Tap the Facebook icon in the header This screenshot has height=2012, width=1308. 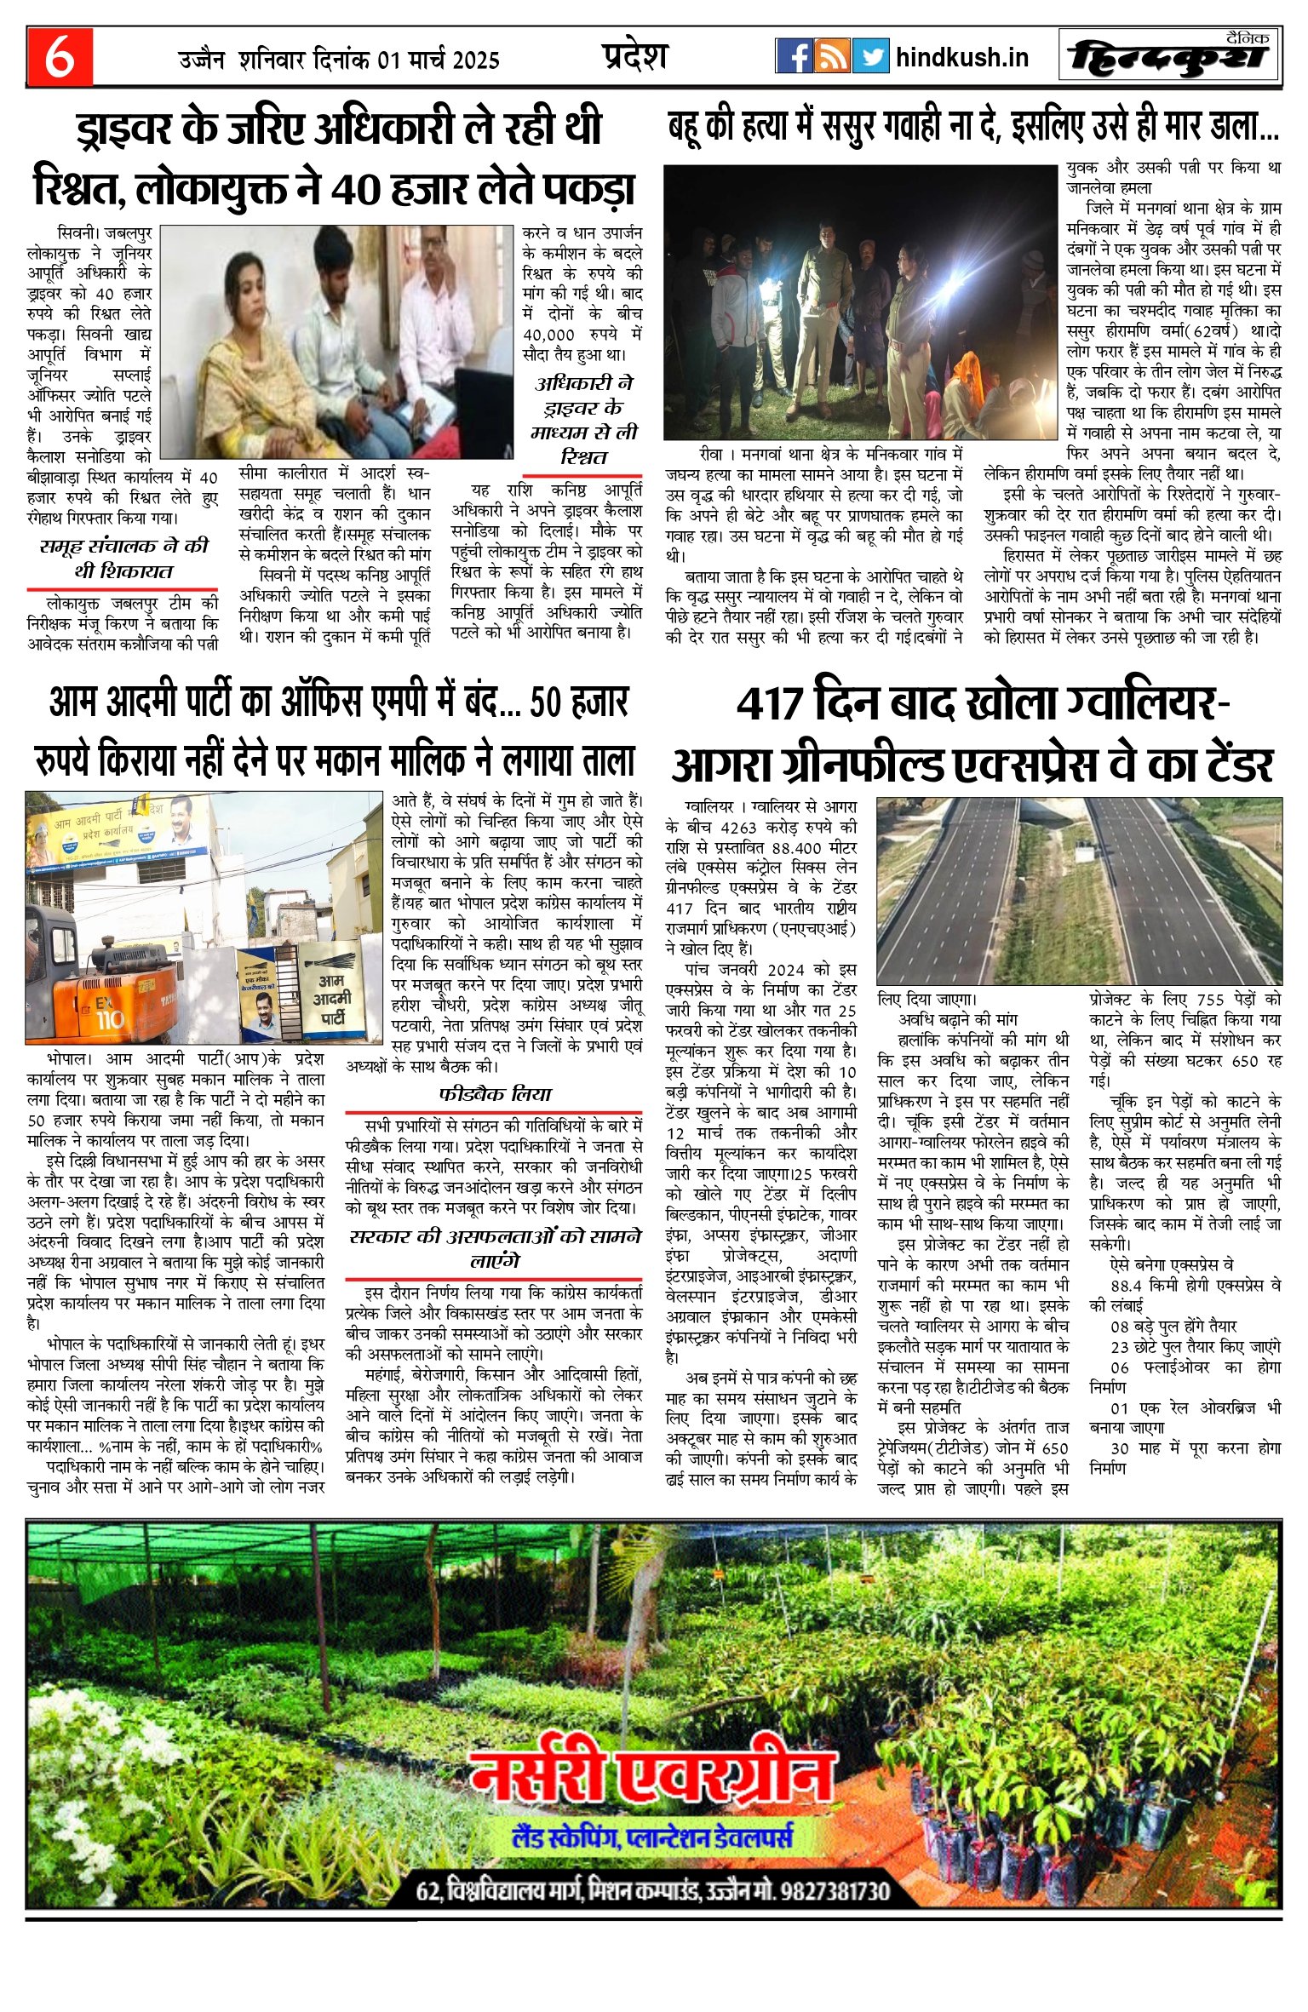tap(794, 56)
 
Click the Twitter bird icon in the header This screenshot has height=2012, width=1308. tap(870, 56)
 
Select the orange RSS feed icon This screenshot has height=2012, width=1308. tap(832, 56)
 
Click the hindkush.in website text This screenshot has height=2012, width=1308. tap(962, 58)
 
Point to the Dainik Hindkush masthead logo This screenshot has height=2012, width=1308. tap(1169, 57)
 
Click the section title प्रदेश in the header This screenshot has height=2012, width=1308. tap(635, 56)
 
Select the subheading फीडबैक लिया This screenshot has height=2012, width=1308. tap(495, 1094)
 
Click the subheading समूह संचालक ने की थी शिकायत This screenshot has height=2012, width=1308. tap(123, 559)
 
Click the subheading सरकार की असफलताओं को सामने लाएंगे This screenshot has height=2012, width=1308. tap(495, 1248)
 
